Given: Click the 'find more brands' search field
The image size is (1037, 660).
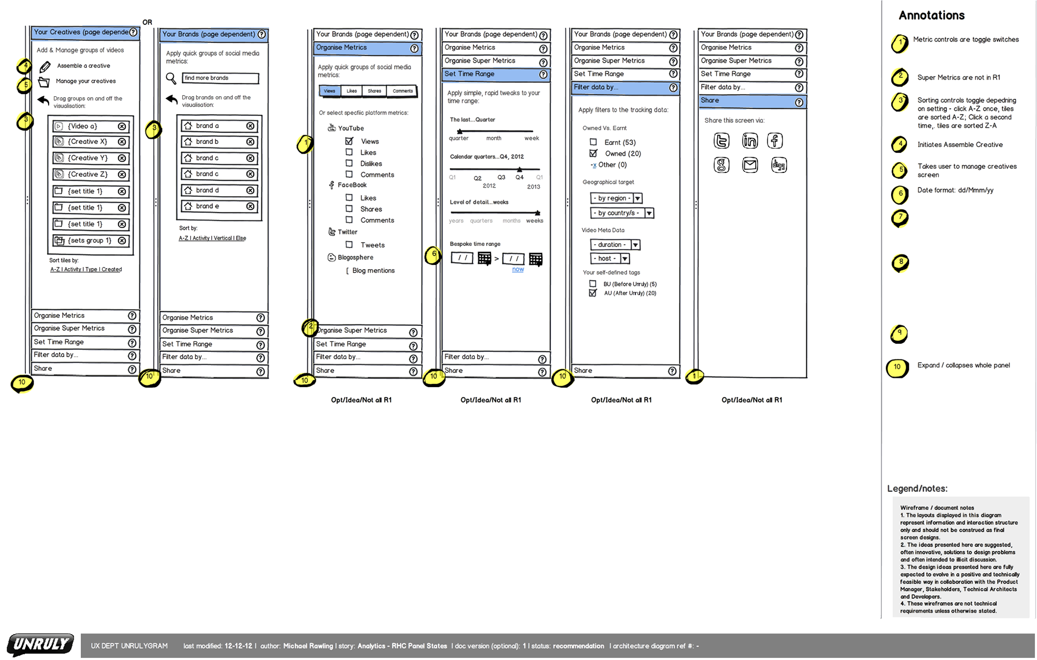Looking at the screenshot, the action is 220,78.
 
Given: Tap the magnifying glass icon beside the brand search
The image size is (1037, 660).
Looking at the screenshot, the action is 171,79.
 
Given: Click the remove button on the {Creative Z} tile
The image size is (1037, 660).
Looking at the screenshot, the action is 122,175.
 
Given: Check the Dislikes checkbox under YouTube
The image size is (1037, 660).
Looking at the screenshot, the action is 349,163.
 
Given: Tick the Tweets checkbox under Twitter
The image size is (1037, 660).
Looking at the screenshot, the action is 349,245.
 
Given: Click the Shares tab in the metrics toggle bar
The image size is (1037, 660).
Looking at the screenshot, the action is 374,91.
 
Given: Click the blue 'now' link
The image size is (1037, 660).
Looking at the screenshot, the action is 518,269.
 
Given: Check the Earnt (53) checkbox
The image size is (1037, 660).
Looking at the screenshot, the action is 594,142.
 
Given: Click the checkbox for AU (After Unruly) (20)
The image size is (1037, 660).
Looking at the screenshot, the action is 593,293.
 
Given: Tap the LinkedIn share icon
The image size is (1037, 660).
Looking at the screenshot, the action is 750,141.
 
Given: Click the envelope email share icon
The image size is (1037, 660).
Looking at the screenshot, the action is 750,165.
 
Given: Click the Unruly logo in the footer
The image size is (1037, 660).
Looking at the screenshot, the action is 41,644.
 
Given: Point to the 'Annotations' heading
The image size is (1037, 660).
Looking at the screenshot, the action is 931,16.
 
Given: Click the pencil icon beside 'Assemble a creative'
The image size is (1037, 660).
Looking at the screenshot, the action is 45,66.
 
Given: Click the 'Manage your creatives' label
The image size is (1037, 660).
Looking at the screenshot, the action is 86,82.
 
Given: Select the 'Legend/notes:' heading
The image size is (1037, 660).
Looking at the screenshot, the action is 917,489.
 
